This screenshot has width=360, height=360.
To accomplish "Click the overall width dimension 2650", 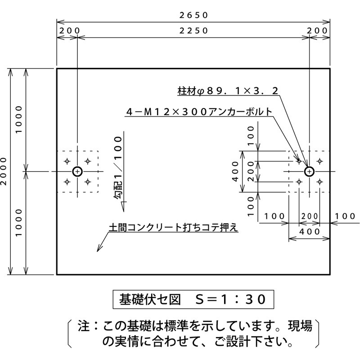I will point(193,15).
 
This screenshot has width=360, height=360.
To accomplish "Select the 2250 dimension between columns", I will point(193,31).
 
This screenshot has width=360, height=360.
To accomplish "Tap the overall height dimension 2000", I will point(4,171).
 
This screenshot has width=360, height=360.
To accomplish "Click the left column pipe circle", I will point(77,171).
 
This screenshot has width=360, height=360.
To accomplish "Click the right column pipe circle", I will point(309,171).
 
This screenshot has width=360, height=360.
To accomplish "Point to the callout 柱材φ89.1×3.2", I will point(228,91).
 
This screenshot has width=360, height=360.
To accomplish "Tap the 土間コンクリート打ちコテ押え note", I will point(173,228).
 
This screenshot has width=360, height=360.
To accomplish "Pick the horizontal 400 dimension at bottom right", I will point(309,231).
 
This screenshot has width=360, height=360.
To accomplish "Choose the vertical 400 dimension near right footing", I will point(235,171).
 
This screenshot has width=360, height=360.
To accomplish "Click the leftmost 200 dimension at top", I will point(68,31).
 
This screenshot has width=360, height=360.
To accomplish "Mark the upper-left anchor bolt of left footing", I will point(67,161).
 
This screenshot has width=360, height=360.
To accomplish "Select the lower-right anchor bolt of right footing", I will point(319,182).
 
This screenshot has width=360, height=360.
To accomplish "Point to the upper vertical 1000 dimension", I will point(18,120).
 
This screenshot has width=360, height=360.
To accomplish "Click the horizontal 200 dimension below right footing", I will point(309,216).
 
